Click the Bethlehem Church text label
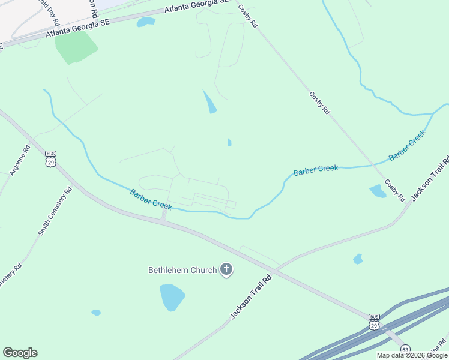point(182,270)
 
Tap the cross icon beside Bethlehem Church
point(226,269)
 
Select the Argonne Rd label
point(20,161)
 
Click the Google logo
point(20,353)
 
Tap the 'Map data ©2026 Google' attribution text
point(412,356)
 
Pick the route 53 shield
point(406,349)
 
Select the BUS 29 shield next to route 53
point(374,322)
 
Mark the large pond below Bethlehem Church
point(172,296)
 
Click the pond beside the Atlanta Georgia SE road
point(145,22)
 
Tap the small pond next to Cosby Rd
point(378,191)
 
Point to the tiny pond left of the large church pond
point(96,313)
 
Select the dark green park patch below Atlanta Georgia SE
point(76,46)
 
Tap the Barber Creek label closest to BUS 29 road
point(151,199)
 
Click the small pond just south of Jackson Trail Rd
point(358,259)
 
